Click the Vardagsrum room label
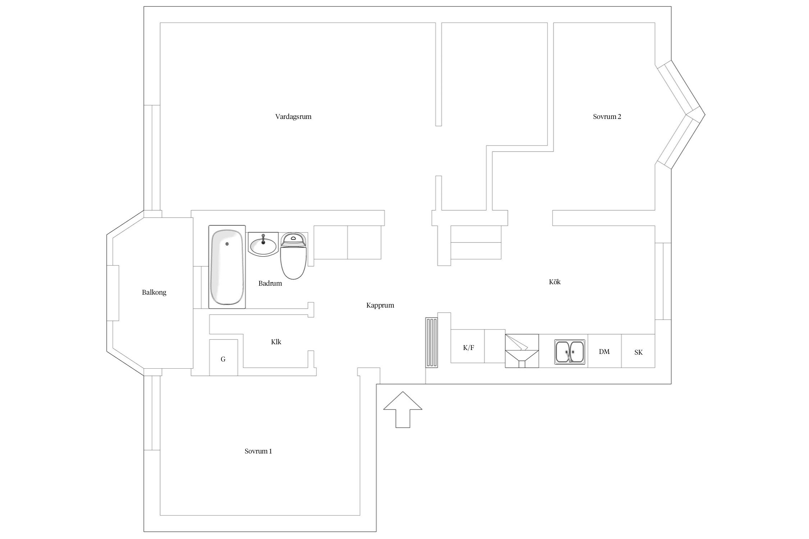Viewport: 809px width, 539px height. click(293, 117)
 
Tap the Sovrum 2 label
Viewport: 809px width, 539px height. click(607, 117)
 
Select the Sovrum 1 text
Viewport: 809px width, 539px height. click(258, 451)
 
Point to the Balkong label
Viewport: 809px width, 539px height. click(154, 292)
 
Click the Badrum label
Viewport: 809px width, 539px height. click(270, 284)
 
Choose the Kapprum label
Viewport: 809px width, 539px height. click(380, 305)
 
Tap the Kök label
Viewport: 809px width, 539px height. click(555, 282)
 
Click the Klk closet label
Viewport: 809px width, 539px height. click(276, 342)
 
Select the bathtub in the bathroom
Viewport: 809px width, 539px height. click(227, 267)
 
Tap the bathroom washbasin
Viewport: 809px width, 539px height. click(263, 244)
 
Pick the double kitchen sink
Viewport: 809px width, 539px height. click(570, 352)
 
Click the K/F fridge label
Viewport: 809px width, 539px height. click(469, 348)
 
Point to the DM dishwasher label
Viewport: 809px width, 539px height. click(604, 352)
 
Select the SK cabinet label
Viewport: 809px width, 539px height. click(639, 353)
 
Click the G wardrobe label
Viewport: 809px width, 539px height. click(223, 359)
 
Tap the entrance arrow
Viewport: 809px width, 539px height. click(403, 409)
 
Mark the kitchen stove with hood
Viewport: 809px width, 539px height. click(522, 351)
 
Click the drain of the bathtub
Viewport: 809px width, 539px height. click(227, 244)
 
